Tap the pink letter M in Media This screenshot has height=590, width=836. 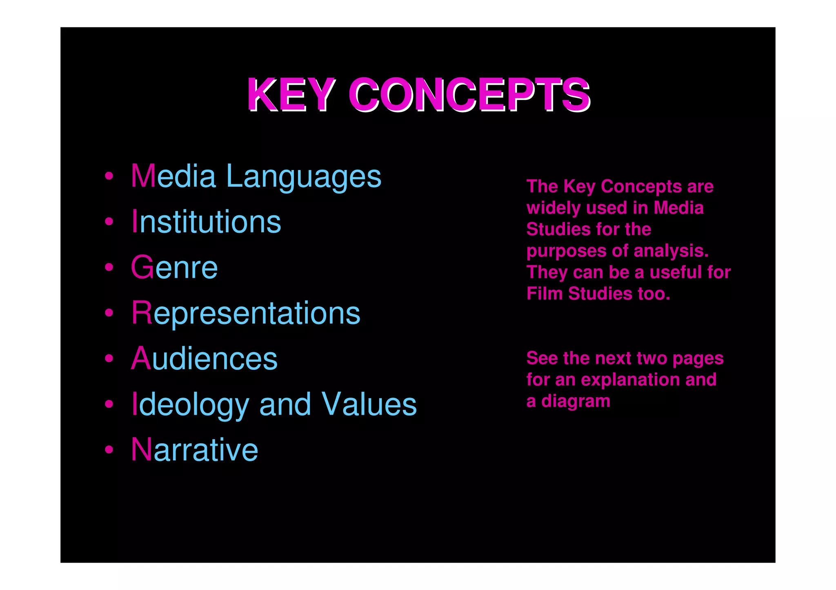pyautogui.click(x=143, y=176)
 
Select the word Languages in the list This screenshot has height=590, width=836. pyautogui.click(x=303, y=177)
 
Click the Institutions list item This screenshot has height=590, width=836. pyautogui.click(x=206, y=222)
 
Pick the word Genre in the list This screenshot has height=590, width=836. pyautogui.click(x=174, y=267)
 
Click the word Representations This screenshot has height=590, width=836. pyautogui.click(x=246, y=313)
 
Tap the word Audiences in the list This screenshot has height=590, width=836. pyautogui.click(x=204, y=359)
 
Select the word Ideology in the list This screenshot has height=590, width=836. pyautogui.click(x=190, y=404)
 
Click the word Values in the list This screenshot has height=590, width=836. pyautogui.click(x=369, y=404)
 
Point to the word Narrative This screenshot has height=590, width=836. pyautogui.click(x=194, y=450)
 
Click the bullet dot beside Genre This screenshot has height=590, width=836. pyautogui.click(x=109, y=267)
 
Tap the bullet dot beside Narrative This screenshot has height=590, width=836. pyautogui.click(x=109, y=450)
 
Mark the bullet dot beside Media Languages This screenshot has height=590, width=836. pyautogui.click(x=109, y=176)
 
